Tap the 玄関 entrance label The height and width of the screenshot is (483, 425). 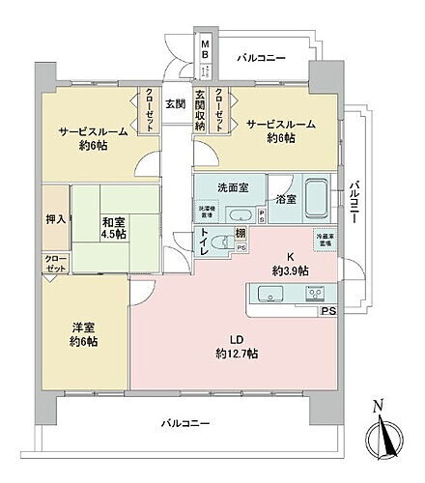(x=174, y=104)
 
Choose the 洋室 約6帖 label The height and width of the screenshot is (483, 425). (x=80, y=334)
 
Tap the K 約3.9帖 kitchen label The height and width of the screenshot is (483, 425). (x=289, y=263)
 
